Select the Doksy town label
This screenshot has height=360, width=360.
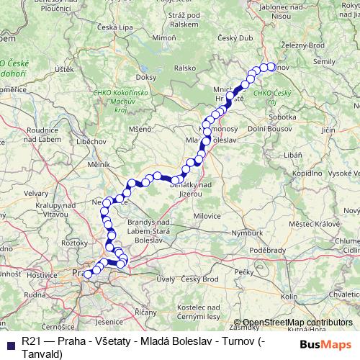tap(146, 76)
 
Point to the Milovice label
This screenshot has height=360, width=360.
tap(215, 214)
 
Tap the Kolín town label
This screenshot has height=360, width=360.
tap(289, 296)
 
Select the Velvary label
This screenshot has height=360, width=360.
tap(37, 193)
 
